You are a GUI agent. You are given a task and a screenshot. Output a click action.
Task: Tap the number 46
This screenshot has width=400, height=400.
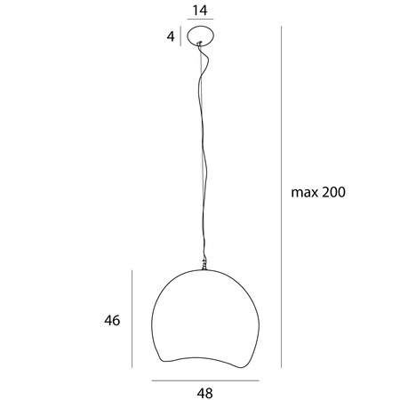tap(112, 320)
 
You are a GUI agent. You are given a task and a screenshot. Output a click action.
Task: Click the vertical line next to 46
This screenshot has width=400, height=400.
tap(133, 320)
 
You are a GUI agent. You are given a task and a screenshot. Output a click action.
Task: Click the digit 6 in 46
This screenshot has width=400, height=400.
tap(116, 320)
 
